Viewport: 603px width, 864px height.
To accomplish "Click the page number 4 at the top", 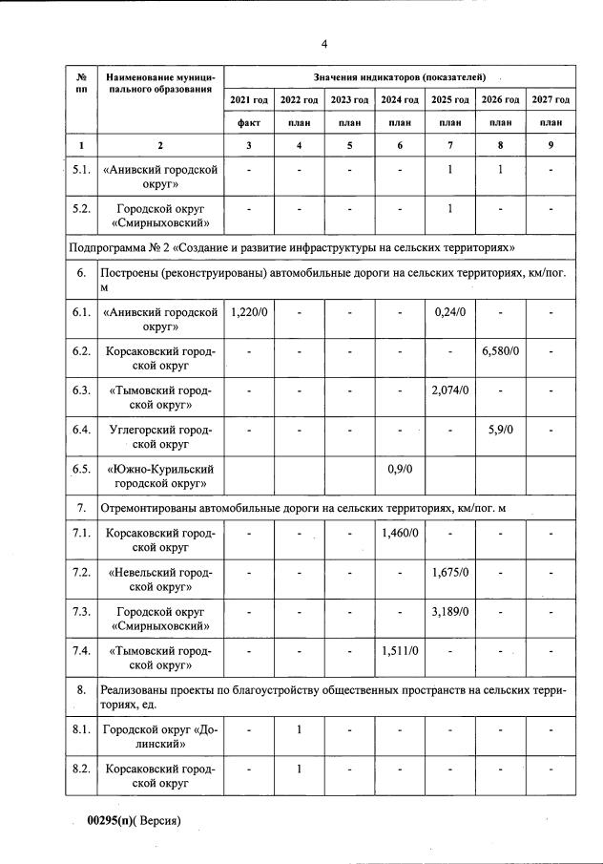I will (323, 44).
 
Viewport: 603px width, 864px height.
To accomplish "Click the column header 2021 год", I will (249, 100).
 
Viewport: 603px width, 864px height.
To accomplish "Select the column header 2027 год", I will (551, 100).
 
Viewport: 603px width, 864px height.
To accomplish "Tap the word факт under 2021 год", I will (249, 123).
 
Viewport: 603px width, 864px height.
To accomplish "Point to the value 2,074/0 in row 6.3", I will (449, 390).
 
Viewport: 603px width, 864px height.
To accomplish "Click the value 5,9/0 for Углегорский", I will (500, 430).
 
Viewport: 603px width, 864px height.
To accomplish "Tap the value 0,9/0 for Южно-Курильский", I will (399, 469).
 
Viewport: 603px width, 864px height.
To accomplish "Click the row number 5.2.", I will (81, 208).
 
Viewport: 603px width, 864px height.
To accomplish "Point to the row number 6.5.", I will (81, 469).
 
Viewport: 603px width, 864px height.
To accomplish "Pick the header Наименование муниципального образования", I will (160, 82).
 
